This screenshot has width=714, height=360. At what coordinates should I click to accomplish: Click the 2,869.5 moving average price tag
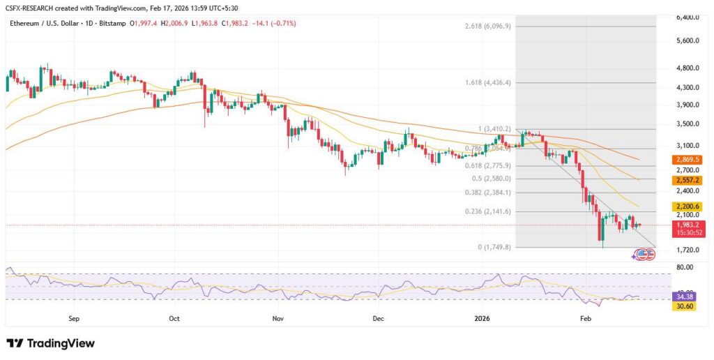686,160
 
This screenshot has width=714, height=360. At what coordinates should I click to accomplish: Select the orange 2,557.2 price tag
686,180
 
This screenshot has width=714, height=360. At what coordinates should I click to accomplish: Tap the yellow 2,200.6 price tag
686,207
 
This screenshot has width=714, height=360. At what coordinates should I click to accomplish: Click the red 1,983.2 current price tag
686,225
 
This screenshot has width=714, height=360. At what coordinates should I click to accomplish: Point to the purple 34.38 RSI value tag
686,297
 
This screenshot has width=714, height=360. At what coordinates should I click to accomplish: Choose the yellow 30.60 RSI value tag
686,306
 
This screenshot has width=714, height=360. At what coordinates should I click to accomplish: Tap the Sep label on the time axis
75,317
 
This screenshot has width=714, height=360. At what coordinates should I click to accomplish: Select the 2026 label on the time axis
483,317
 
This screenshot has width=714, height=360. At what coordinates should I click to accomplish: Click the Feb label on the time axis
585,317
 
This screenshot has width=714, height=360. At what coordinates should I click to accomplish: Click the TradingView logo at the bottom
50,343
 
